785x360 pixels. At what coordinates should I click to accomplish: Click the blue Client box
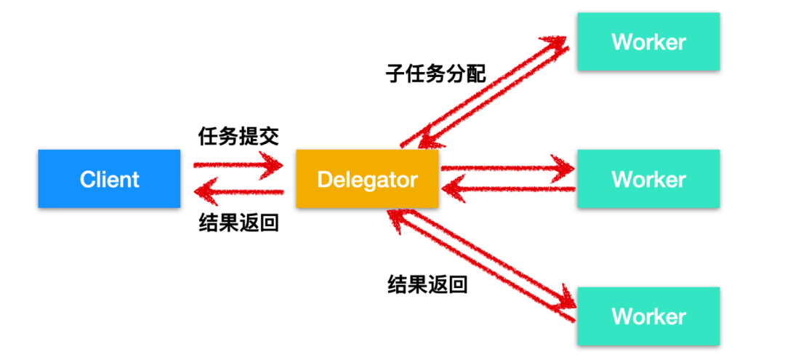(x=109, y=179)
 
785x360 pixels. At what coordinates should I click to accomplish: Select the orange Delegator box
(x=367, y=179)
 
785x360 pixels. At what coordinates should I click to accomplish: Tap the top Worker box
(x=648, y=41)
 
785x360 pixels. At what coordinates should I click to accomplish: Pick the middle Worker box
(x=648, y=179)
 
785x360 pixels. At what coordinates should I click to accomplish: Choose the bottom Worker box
(x=648, y=316)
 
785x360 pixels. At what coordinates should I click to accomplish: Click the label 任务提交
(x=238, y=136)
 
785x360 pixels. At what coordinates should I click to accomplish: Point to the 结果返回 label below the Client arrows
(x=238, y=223)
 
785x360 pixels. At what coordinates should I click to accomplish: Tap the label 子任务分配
(x=435, y=73)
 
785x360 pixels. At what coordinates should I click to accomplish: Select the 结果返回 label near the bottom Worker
(x=427, y=284)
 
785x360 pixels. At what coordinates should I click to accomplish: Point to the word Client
(x=109, y=179)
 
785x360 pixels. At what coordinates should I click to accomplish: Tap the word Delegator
(x=367, y=179)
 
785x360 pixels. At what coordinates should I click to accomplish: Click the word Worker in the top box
(x=648, y=41)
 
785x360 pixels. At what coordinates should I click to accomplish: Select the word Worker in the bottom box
(x=648, y=316)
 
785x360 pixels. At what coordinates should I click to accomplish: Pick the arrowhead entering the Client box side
(x=202, y=192)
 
